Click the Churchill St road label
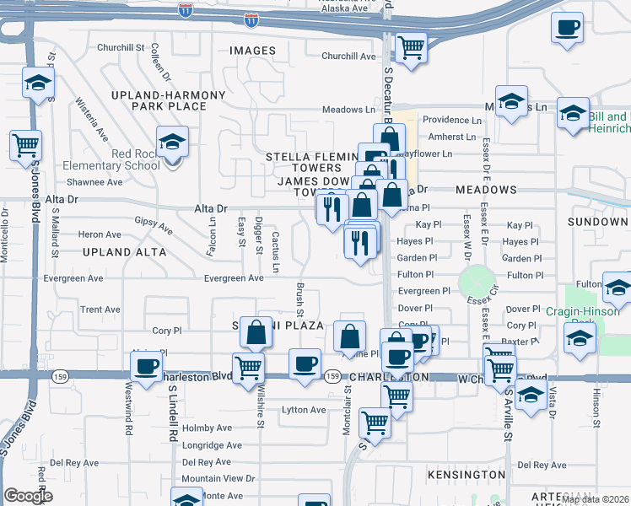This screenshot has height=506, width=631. point(121,48)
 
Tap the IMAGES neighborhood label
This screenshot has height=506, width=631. point(252,51)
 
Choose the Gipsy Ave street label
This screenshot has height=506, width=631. point(154,226)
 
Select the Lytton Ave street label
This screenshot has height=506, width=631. point(303,410)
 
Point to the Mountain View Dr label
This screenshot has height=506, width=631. point(218,478)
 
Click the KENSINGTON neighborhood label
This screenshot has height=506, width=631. point(467,476)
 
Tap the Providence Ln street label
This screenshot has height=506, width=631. point(451,121)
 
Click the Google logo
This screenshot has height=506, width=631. point(28,496)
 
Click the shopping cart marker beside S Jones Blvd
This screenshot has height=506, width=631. point(26,145)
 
